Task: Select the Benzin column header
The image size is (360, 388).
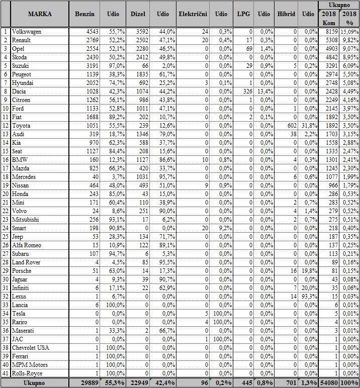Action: (x=84, y=14)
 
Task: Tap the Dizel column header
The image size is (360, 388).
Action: (x=138, y=14)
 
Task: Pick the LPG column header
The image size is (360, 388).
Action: (x=243, y=14)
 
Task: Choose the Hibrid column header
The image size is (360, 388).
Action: (x=286, y=14)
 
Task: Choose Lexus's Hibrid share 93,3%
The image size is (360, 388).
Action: (x=309, y=298)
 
